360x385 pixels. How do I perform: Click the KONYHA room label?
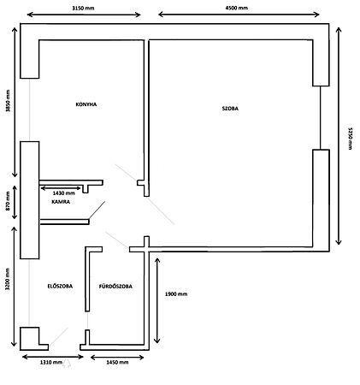(x=86, y=104)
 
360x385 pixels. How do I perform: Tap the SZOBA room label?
(x=230, y=109)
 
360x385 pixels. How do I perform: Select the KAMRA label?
(x=61, y=202)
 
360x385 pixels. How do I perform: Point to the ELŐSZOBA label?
(x=60, y=286)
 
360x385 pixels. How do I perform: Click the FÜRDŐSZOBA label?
(x=115, y=286)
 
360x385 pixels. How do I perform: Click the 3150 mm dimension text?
(x=83, y=8)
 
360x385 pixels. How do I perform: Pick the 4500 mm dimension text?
(x=237, y=8)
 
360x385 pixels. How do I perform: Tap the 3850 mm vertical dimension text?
(x=8, y=101)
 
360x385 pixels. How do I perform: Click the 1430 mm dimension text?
(x=64, y=193)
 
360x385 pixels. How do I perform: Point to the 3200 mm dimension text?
(x=8, y=279)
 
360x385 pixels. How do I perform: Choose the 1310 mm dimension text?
(x=51, y=362)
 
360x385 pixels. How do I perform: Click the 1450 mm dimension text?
(x=117, y=362)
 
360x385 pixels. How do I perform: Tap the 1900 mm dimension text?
(x=176, y=293)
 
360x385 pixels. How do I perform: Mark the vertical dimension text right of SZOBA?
(x=351, y=138)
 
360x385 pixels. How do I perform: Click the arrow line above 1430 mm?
(x=62, y=188)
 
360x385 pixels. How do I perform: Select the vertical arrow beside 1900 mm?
(x=157, y=301)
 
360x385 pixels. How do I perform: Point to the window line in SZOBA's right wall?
(x=320, y=117)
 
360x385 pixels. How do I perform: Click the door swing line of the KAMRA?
(x=97, y=210)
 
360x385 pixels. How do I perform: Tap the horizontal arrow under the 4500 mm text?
(x=239, y=15)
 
